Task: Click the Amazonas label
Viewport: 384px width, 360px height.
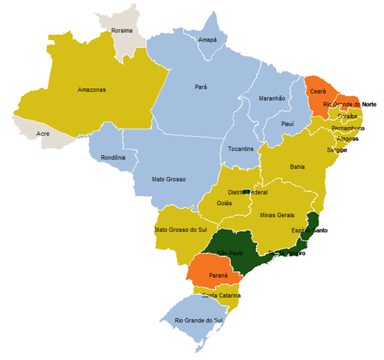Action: click(91, 89)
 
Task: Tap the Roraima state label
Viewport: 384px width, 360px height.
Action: click(122, 31)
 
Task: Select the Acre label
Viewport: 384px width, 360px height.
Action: click(43, 134)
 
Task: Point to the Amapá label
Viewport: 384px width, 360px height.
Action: click(208, 40)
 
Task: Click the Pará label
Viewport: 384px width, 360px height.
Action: click(201, 87)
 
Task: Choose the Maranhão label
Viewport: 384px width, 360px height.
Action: click(272, 98)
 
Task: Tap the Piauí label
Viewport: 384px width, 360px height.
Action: click(288, 123)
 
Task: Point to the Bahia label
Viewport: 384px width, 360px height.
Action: click(297, 167)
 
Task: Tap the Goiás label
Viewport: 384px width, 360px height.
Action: click(224, 203)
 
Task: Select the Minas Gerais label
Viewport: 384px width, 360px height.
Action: click(276, 215)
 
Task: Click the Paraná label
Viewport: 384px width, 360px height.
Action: click(220, 275)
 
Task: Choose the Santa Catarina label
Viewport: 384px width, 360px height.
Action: click(221, 295)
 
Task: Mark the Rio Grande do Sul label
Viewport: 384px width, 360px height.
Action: click(198, 321)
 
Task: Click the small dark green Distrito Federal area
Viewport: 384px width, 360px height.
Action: click(246, 192)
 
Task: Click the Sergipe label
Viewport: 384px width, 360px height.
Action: click(337, 150)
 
